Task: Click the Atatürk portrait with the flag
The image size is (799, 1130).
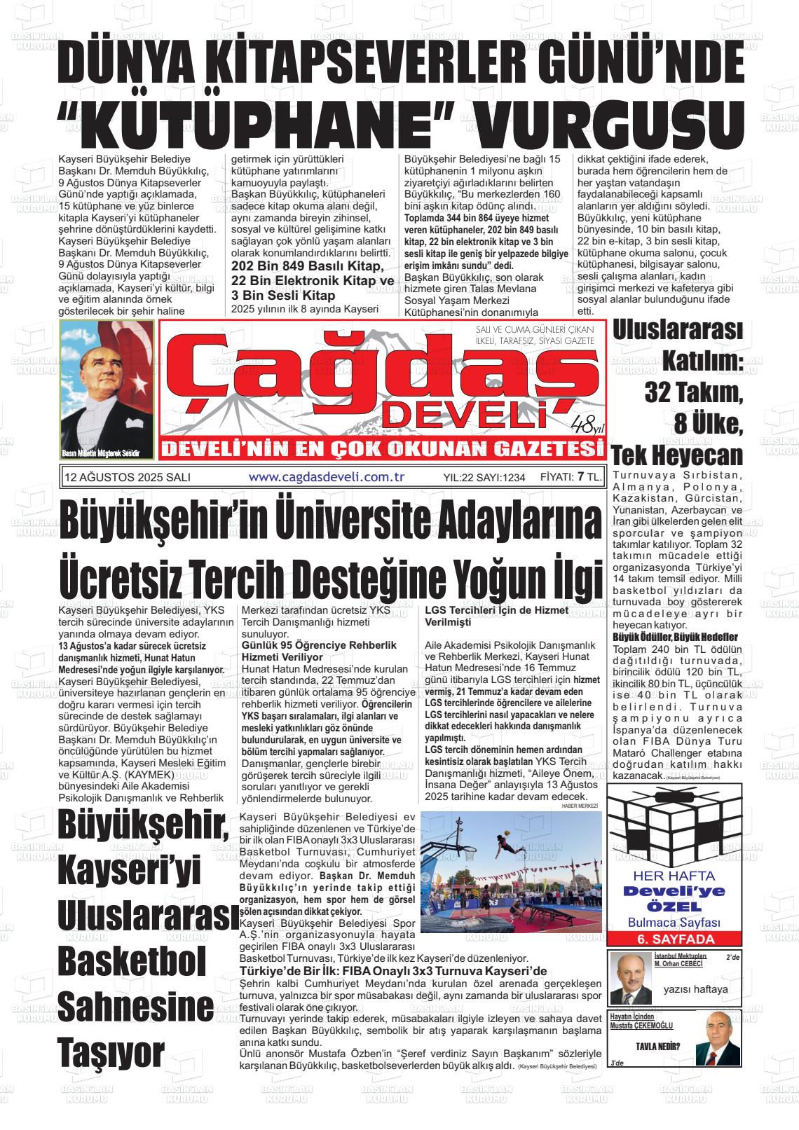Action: (107, 390)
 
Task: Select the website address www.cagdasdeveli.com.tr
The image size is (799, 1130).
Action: (327, 477)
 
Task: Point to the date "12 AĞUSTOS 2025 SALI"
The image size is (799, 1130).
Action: (127, 478)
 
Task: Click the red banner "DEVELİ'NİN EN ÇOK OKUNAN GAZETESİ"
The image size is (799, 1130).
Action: (378, 449)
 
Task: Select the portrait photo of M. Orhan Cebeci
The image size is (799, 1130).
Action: (631, 979)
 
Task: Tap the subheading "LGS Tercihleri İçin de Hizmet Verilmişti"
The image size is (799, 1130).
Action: (496, 616)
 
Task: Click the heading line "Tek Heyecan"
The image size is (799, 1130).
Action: (677, 455)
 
